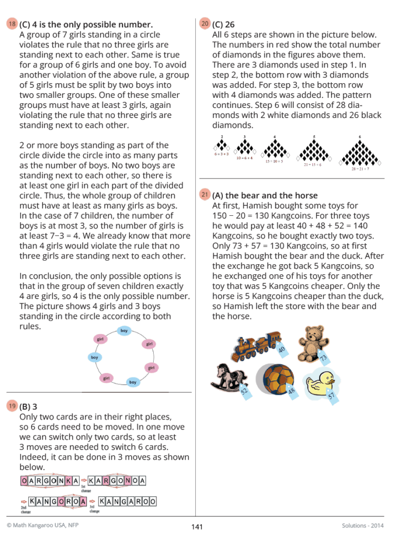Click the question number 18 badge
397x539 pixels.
point(12,24)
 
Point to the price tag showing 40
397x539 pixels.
point(281,349)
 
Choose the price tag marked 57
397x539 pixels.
point(331,396)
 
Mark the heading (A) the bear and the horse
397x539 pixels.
point(265,195)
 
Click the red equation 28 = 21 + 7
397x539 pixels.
point(361,169)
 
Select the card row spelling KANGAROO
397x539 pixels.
point(127,502)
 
